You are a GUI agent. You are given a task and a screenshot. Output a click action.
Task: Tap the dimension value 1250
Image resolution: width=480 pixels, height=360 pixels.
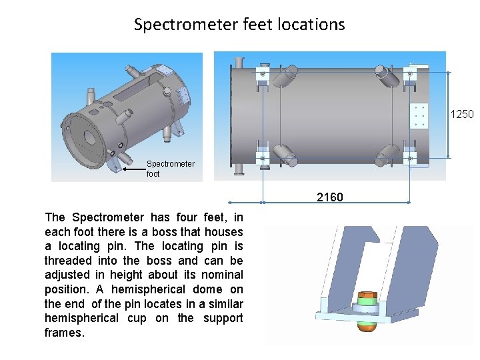(x=462, y=114)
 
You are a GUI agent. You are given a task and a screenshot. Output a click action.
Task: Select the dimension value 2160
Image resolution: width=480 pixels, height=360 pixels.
(x=330, y=197)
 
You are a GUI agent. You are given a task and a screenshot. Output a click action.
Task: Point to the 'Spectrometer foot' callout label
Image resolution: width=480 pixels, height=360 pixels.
(x=170, y=169)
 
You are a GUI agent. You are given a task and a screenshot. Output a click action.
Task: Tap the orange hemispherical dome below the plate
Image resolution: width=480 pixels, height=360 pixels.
(x=367, y=326)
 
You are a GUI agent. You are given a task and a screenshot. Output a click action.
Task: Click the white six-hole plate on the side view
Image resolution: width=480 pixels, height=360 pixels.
(x=419, y=115)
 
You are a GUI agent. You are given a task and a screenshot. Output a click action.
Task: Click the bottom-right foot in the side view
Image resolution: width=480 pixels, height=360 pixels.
(x=409, y=157)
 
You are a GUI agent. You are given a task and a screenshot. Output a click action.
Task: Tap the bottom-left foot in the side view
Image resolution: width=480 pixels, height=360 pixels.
(x=262, y=157)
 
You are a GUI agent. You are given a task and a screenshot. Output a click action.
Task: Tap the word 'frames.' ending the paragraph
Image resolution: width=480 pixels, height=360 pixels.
(x=65, y=333)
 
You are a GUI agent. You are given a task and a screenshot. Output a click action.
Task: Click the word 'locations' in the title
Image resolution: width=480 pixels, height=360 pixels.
(x=311, y=25)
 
